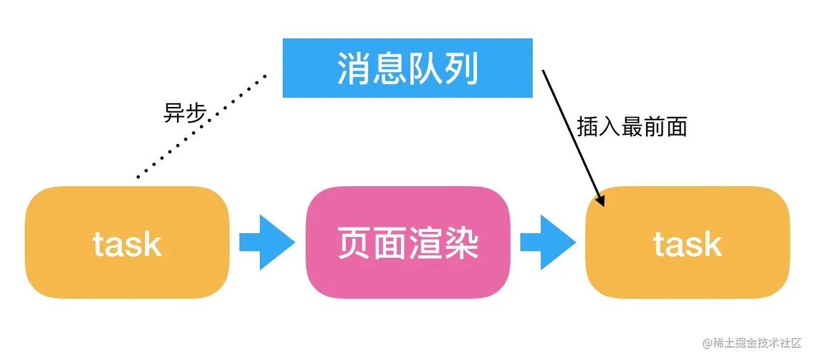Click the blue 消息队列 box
(x=407, y=67)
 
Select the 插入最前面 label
(x=632, y=127)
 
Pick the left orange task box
(x=127, y=242)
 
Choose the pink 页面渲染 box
(x=408, y=242)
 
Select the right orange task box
(x=687, y=242)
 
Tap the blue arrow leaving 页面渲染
(x=548, y=242)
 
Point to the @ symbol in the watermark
(x=708, y=343)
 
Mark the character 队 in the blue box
(x=426, y=68)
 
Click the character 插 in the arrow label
(x=585, y=127)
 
